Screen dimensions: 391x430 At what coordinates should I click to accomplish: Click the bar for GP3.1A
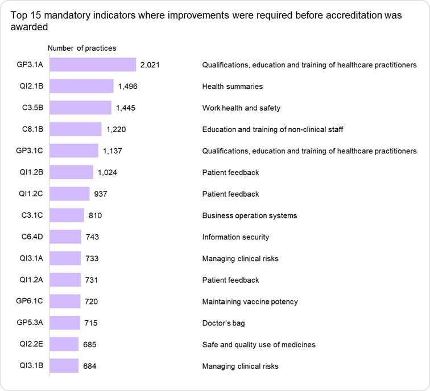(93, 65)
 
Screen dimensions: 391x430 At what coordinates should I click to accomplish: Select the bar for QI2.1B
(82, 86)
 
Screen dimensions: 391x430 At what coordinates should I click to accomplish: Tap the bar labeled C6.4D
(66, 237)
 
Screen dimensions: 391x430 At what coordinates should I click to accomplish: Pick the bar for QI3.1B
(64, 365)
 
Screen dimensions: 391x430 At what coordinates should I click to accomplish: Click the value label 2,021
(150, 65)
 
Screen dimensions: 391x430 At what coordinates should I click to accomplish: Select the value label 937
(101, 194)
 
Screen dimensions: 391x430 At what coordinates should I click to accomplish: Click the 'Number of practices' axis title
(81, 48)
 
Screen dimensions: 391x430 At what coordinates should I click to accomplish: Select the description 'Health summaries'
(232, 87)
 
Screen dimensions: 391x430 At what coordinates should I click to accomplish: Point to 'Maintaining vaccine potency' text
(250, 302)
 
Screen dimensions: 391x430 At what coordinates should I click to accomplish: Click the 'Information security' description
(235, 237)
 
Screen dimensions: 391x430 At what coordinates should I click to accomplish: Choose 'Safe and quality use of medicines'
(259, 344)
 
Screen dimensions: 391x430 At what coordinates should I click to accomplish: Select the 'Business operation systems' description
(250, 215)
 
